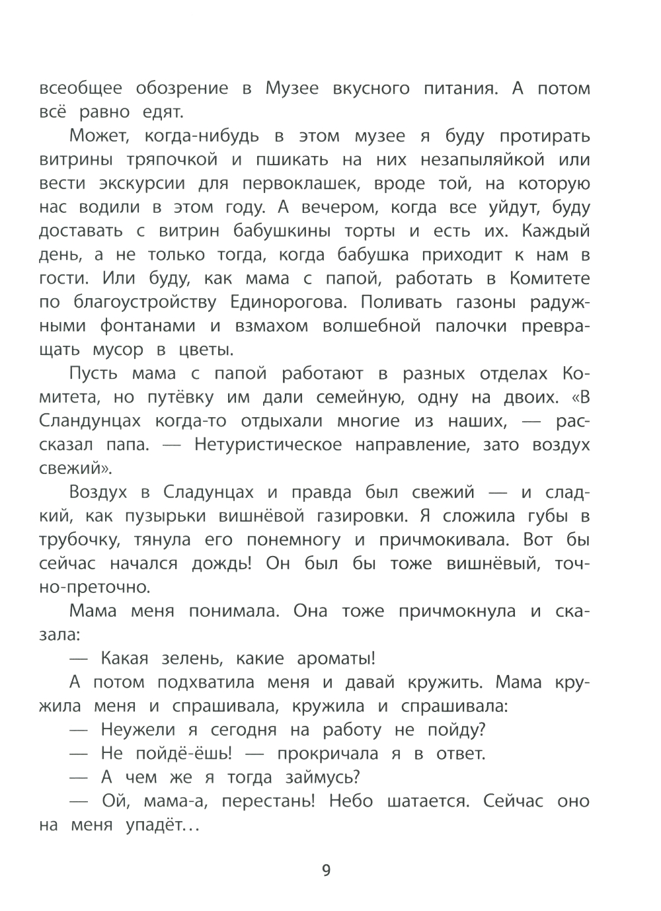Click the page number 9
[326, 869]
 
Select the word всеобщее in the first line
[81, 89]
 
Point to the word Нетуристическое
[268, 444]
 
